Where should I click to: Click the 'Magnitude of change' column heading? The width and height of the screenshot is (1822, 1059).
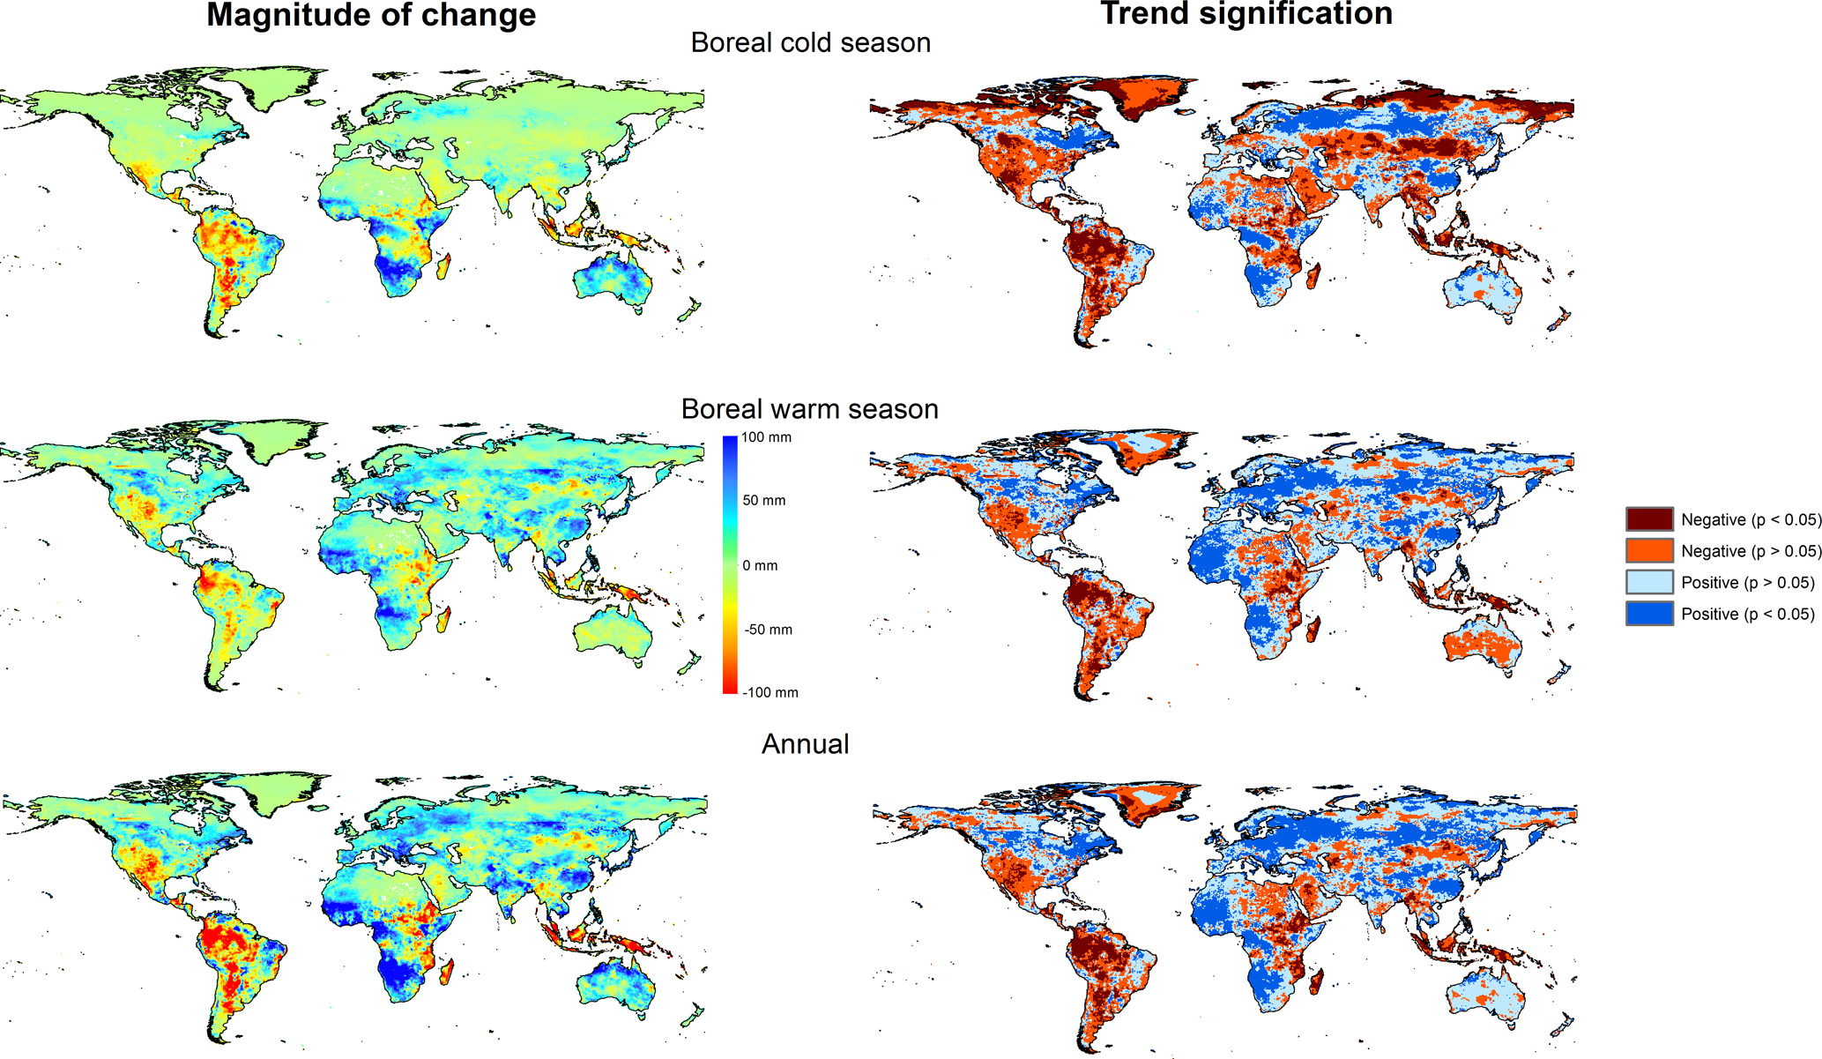370,15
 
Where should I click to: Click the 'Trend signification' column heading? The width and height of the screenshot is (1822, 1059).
1246,13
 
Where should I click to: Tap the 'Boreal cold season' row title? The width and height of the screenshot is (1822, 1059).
810,42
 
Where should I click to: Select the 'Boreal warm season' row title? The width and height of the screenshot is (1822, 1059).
809,409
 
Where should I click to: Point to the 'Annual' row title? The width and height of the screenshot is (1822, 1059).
805,744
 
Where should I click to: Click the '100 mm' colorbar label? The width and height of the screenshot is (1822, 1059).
766,437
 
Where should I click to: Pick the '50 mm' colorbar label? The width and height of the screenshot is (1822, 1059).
763,501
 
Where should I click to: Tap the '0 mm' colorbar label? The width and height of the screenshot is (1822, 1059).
760,565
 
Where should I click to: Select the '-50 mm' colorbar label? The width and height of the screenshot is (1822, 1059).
768,630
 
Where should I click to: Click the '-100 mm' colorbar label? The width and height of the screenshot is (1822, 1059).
770,693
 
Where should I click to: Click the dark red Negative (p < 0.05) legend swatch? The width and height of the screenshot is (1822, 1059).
1649,519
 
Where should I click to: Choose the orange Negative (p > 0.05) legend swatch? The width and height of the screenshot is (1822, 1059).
1649,551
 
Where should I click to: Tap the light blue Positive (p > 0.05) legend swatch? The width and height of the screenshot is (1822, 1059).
1649,583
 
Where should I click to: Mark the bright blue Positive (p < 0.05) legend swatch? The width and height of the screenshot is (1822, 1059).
1649,614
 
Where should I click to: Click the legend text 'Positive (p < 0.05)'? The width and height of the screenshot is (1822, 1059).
1747,615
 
